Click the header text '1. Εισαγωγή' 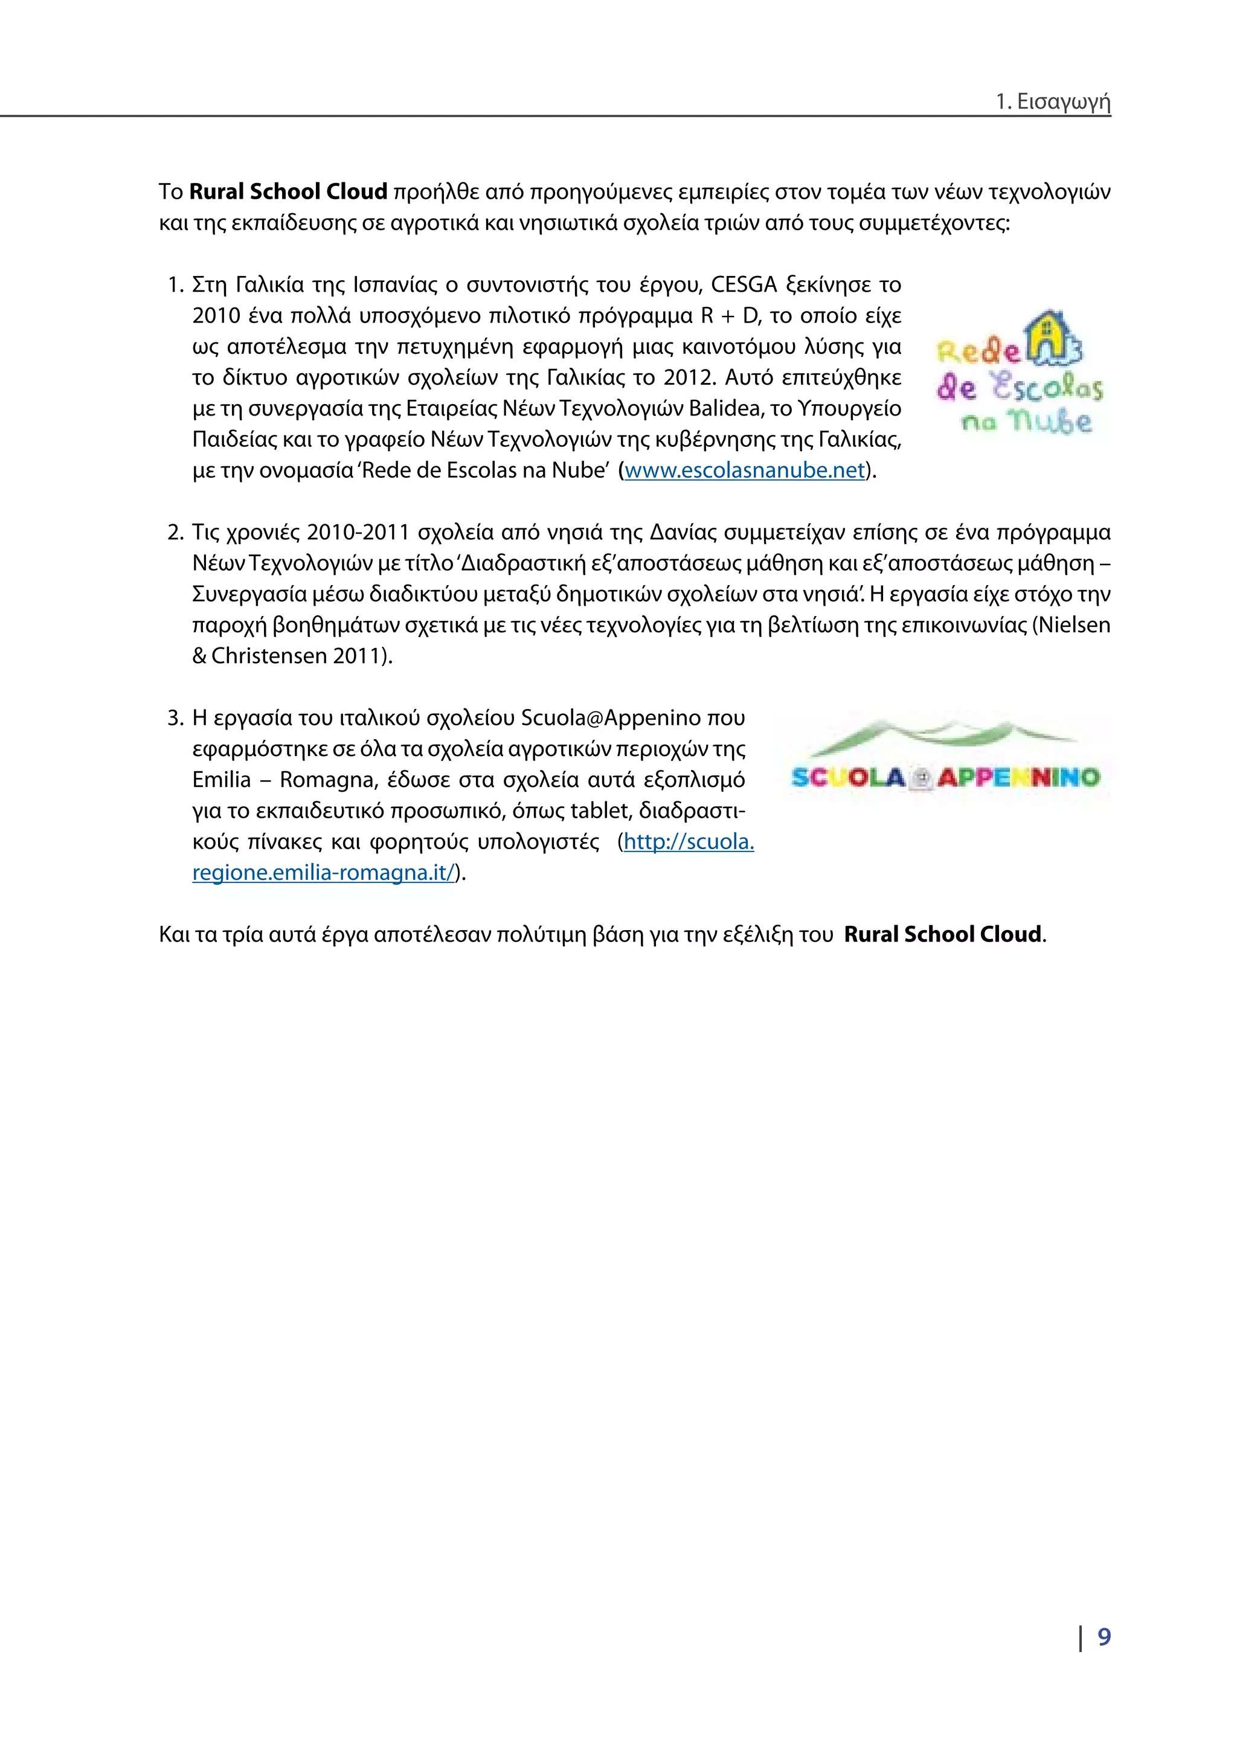1053,101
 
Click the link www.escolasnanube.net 744,470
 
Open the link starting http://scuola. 688,842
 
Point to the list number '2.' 175,532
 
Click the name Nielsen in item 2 1073,625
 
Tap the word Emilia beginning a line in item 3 221,780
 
